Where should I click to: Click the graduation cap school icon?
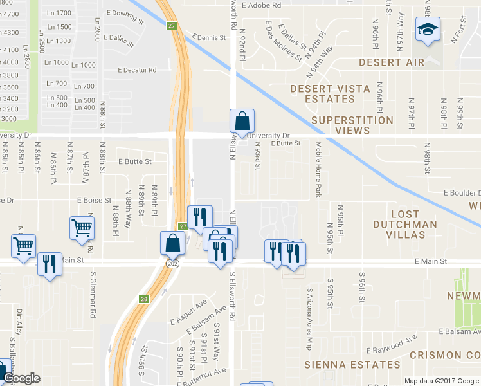pyautogui.click(x=427, y=30)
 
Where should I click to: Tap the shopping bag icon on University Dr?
pyautogui.click(x=242, y=121)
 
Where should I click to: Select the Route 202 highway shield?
pyautogui.click(x=172, y=264)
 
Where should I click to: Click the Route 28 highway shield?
pyautogui.click(x=144, y=299)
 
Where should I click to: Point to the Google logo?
pyautogui.click(x=21, y=378)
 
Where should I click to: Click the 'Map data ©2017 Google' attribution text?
pyautogui.click(x=441, y=381)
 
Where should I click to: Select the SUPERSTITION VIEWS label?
pyautogui.click(x=352, y=125)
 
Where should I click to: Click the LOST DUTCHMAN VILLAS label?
pyautogui.click(x=404, y=224)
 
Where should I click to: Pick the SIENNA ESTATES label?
pyautogui.click(x=343, y=365)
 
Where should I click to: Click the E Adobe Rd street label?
pyautogui.click(x=262, y=5)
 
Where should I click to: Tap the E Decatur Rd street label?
pyautogui.click(x=137, y=70)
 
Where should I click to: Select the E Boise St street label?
pyautogui.click(x=94, y=201)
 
